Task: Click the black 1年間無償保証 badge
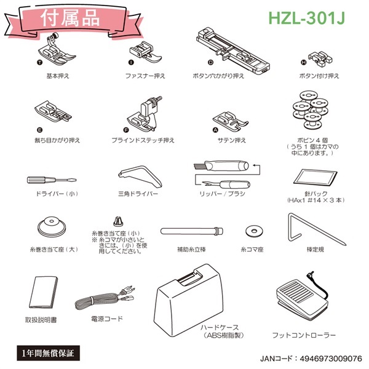pyautogui.click(x=46, y=353)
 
